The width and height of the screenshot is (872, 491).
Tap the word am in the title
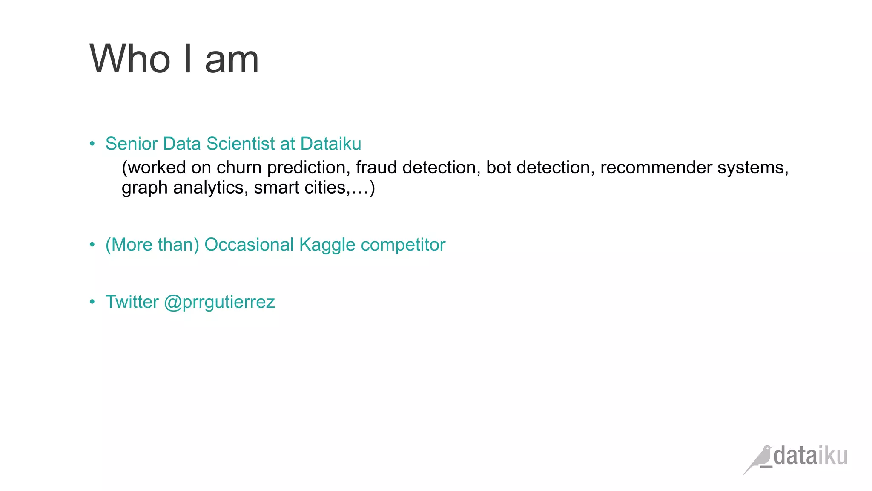232,61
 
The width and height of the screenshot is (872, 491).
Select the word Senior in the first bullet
132,144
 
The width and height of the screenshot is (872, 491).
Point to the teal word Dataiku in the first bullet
331,144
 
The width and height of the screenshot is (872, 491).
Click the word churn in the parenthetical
239,168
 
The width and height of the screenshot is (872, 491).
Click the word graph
144,188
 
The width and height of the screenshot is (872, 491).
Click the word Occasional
249,245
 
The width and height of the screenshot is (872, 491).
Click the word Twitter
132,302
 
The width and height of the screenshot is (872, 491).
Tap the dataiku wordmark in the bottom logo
810,456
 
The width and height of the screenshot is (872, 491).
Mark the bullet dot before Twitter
92,302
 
